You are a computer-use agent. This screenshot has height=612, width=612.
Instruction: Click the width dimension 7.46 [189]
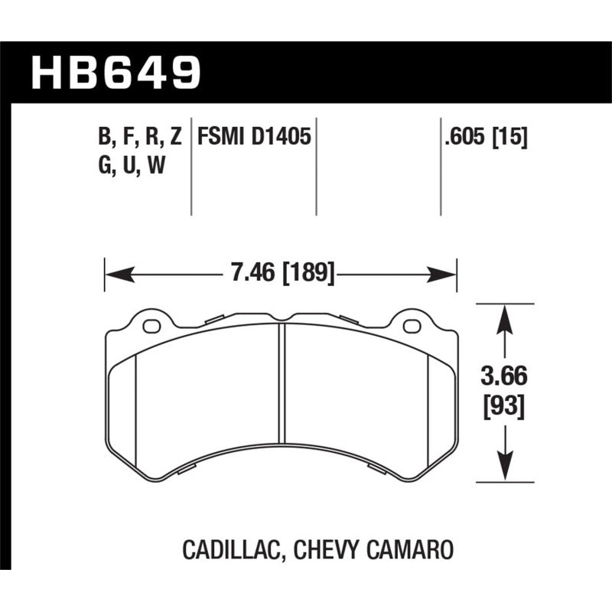coord(281,272)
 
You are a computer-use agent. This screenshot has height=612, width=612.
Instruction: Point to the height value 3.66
coord(503,377)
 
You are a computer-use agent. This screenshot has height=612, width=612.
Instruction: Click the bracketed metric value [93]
coord(503,406)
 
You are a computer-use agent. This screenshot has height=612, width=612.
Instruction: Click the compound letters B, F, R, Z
coord(139,138)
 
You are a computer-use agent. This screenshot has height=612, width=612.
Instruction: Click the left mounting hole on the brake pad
coord(152,327)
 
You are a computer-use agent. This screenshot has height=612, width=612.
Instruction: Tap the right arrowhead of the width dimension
coord(447,272)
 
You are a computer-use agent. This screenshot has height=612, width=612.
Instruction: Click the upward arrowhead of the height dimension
coord(503,317)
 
